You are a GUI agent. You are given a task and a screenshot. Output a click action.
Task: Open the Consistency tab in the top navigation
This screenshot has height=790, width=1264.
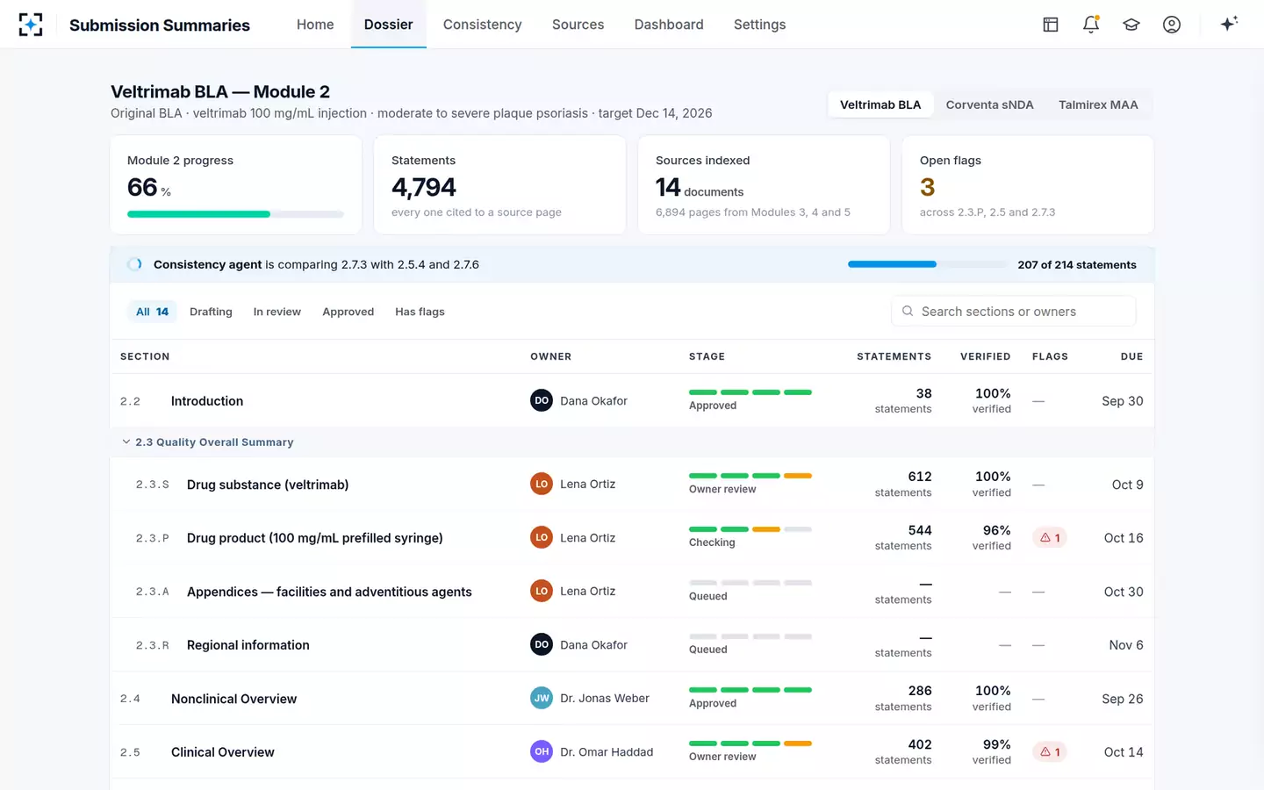[482, 25]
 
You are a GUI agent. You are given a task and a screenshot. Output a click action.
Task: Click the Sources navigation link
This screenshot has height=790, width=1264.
[578, 25]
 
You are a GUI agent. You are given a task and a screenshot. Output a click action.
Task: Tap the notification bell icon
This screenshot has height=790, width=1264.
[1091, 25]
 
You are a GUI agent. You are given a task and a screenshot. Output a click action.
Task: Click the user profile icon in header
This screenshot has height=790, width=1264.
[1172, 25]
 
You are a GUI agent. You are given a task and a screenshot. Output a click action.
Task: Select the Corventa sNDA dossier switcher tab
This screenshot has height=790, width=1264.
[989, 105]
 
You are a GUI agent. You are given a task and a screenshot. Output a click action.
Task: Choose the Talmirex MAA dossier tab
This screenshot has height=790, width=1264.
[1098, 105]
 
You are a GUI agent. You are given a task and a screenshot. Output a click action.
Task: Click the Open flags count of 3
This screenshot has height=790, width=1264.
[927, 187]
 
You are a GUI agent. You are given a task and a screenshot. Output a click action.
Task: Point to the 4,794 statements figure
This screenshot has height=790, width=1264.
[423, 187]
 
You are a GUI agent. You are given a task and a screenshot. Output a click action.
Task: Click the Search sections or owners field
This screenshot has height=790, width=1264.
[1014, 311]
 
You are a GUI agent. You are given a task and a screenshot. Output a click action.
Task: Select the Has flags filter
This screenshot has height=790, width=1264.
[420, 312]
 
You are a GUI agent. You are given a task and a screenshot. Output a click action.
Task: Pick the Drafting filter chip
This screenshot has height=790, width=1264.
[211, 312]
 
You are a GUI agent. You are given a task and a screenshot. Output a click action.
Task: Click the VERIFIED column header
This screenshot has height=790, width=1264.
[985, 356]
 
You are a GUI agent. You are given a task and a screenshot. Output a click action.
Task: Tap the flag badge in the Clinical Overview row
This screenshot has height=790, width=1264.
[1050, 751]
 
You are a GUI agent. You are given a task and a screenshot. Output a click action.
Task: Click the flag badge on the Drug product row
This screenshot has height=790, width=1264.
[1050, 538]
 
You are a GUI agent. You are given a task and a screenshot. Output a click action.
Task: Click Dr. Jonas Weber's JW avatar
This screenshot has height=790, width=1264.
[541, 698]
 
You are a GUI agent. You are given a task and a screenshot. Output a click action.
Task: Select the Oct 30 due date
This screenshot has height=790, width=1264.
[1124, 592]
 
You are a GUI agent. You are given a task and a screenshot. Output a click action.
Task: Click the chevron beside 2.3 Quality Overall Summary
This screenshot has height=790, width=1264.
[126, 442]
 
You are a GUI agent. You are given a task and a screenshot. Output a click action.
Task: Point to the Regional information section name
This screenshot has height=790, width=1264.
[248, 645]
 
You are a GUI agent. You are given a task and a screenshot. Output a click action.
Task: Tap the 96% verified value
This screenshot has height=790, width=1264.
[996, 530]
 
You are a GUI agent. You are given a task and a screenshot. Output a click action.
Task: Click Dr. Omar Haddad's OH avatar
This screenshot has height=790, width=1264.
[541, 751]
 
